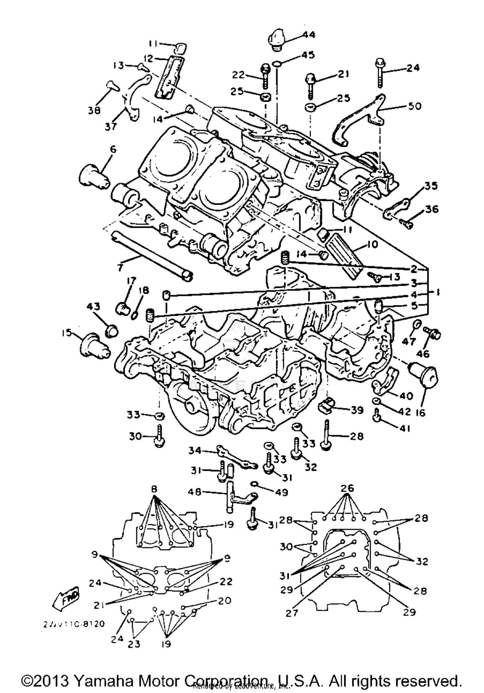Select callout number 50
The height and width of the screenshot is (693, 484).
click(x=415, y=106)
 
